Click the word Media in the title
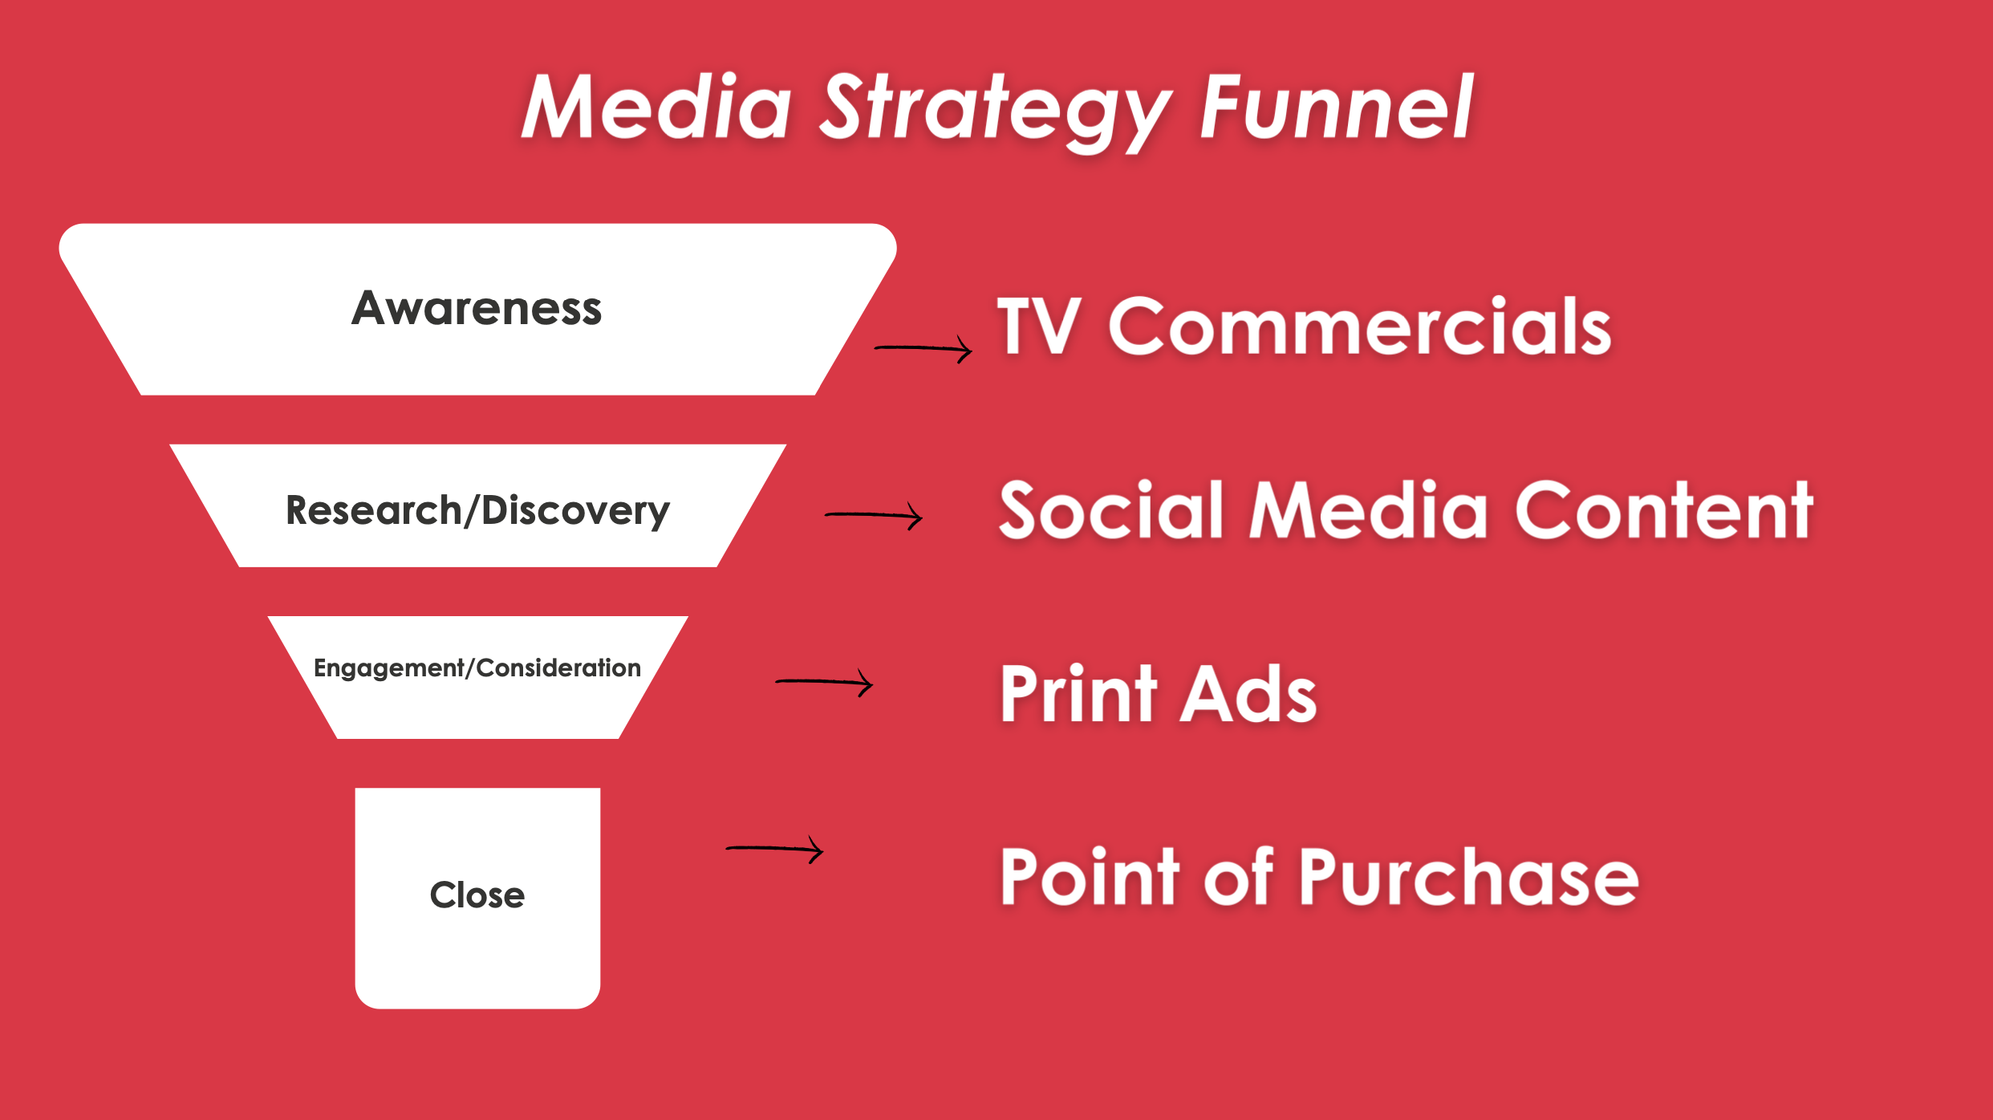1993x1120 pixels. point(656,107)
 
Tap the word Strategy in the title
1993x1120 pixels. point(995,108)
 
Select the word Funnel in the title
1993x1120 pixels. point(1336,107)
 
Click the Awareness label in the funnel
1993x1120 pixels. point(477,309)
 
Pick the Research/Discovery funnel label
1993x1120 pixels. point(477,511)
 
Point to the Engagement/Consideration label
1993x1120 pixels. point(477,668)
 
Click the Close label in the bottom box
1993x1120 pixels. point(477,895)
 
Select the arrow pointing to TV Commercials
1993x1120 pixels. point(923,348)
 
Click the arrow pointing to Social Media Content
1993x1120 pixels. point(873,515)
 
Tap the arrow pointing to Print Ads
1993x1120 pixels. point(823,682)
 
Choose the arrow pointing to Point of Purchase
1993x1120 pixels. point(774,848)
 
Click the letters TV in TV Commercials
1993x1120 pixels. point(1038,326)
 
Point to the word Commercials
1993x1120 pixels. point(1360,326)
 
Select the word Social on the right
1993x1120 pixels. point(1110,510)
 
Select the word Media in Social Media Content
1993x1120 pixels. point(1369,510)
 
